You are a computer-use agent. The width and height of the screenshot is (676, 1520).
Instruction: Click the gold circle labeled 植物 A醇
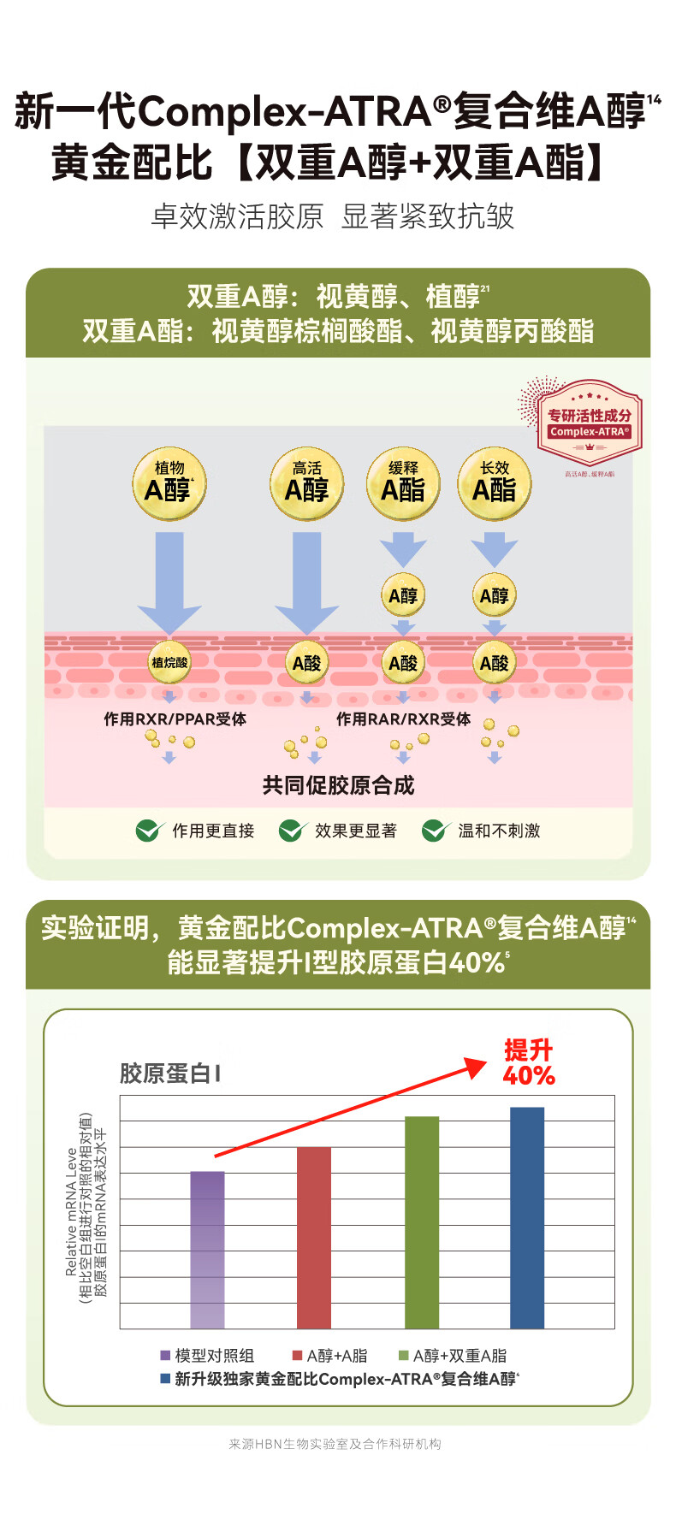point(169,484)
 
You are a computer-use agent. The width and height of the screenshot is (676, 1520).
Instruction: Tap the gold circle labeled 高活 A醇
point(306,484)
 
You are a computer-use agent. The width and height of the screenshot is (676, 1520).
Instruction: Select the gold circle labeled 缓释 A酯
point(403,484)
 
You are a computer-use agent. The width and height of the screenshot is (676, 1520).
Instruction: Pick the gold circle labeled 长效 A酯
point(495,484)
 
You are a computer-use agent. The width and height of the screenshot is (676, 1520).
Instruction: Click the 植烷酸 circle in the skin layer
point(169,662)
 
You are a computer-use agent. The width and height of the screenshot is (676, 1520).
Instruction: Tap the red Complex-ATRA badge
point(590,423)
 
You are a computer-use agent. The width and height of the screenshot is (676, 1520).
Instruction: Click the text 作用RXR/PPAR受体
point(175,719)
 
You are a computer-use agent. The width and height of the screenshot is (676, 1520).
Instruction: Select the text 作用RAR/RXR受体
point(403,719)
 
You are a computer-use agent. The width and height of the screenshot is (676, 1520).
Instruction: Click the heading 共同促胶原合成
point(338,785)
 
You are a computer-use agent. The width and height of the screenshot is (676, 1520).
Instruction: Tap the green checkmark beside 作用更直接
point(150,831)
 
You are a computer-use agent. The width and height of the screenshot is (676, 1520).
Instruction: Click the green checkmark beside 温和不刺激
point(436,831)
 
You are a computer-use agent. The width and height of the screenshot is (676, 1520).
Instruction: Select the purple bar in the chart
point(207,1249)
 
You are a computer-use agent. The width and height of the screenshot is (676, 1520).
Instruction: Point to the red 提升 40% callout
point(528,1062)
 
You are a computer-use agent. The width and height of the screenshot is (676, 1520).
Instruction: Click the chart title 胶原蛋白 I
point(170,1073)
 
